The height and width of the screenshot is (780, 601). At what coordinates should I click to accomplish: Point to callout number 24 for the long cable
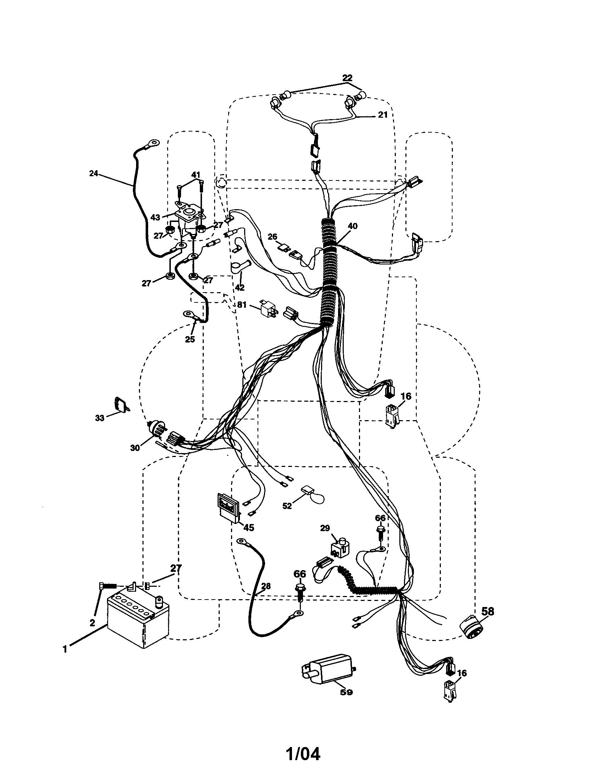coord(93,174)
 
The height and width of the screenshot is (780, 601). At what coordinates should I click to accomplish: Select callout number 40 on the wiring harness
coord(352,227)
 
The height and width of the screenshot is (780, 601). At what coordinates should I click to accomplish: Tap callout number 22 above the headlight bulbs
coord(347,78)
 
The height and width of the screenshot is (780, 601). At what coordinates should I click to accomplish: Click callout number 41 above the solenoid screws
coord(195,175)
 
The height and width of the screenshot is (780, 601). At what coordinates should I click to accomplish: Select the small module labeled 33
coord(121,404)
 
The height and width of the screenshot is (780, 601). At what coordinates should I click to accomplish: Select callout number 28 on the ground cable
coord(265,586)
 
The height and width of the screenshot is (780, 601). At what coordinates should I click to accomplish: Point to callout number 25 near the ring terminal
coord(190,339)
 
